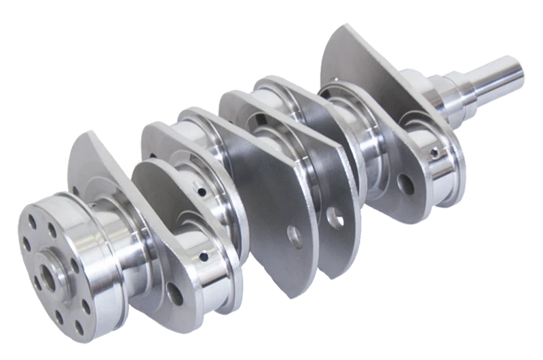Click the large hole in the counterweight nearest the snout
click(406, 182)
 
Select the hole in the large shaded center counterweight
click(294, 236)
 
